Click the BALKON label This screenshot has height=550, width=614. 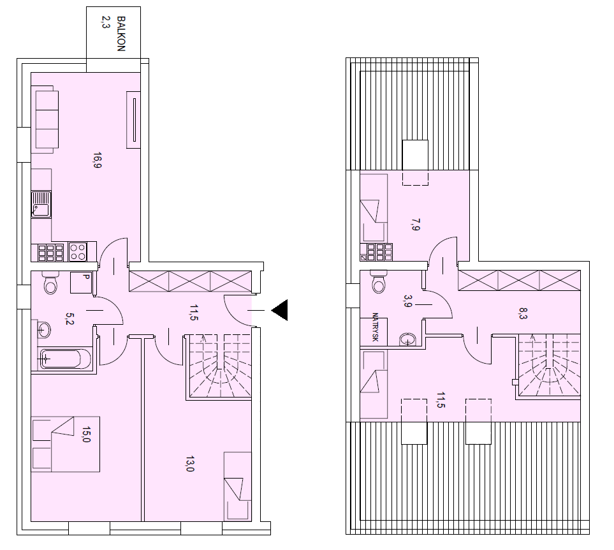(121, 34)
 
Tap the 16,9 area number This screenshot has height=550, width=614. (97, 160)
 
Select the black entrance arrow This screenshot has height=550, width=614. (280, 310)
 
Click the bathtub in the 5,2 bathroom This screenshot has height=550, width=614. (65, 358)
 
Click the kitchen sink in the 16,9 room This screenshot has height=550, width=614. (41, 204)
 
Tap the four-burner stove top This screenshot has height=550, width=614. (78, 251)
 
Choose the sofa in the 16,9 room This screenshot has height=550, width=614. (47, 119)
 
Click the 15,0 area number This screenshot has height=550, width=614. (86, 434)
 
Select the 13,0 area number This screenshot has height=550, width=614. (189, 464)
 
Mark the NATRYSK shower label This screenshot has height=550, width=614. (375, 327)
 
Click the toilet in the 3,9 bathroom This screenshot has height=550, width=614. (379, 281)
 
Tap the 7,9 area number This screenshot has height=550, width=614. (416, 225)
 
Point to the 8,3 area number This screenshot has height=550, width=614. (523, 313)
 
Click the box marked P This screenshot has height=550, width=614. (81, 283)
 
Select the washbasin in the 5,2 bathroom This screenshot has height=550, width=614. (44, 331)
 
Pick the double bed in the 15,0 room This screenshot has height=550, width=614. (66, 444)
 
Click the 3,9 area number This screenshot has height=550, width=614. (407, 301)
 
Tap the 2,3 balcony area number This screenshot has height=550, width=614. (105, 22)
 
